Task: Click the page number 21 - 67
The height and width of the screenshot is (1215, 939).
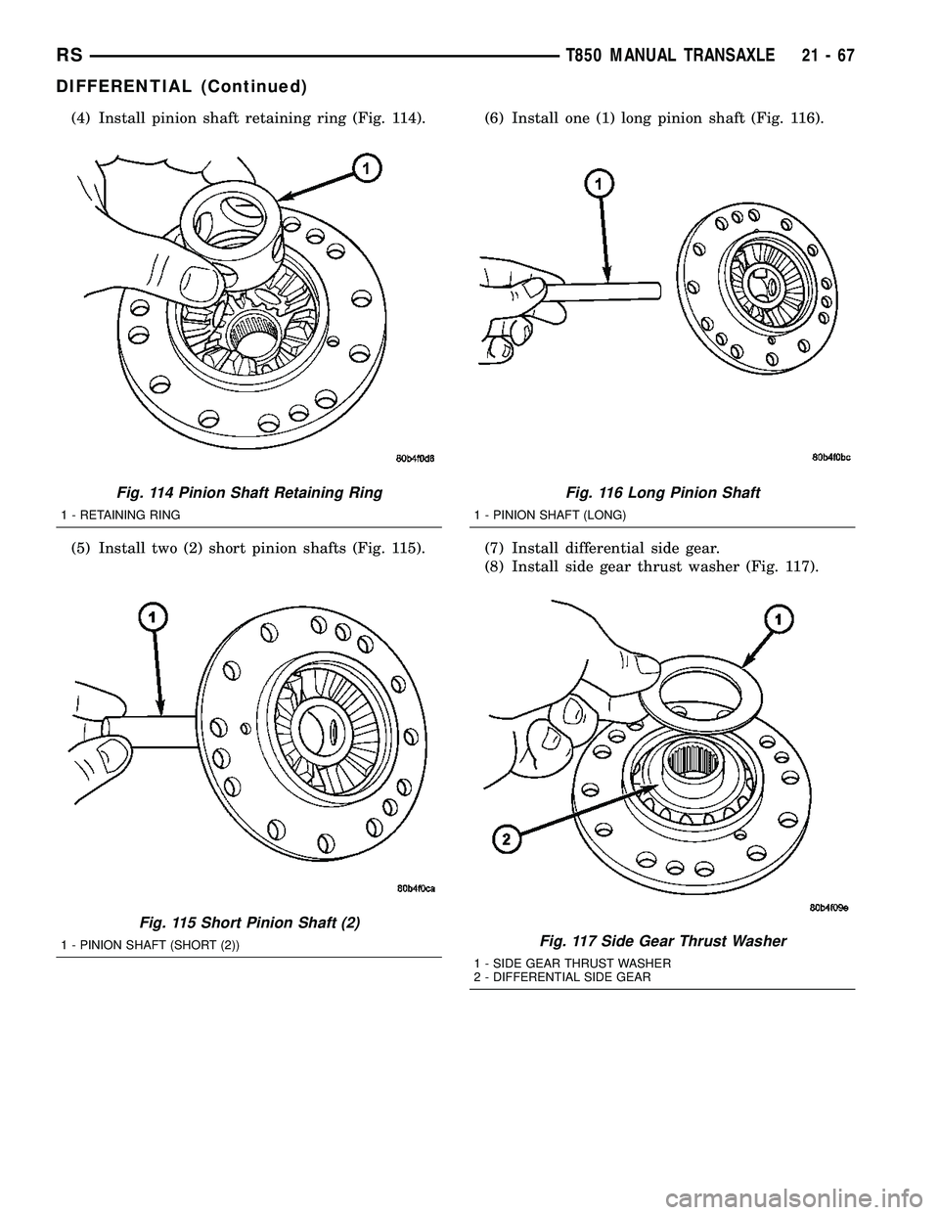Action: click(x=823, y=57)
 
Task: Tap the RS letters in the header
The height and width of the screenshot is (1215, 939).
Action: click(x=69, y=57)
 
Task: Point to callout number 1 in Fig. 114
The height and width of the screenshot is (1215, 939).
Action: click(x=365, y=169)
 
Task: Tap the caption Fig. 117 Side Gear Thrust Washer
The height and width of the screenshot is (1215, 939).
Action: click(x=662, y=941)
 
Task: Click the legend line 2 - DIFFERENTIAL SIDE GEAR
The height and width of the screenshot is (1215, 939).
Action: click(x=561, y=976)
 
